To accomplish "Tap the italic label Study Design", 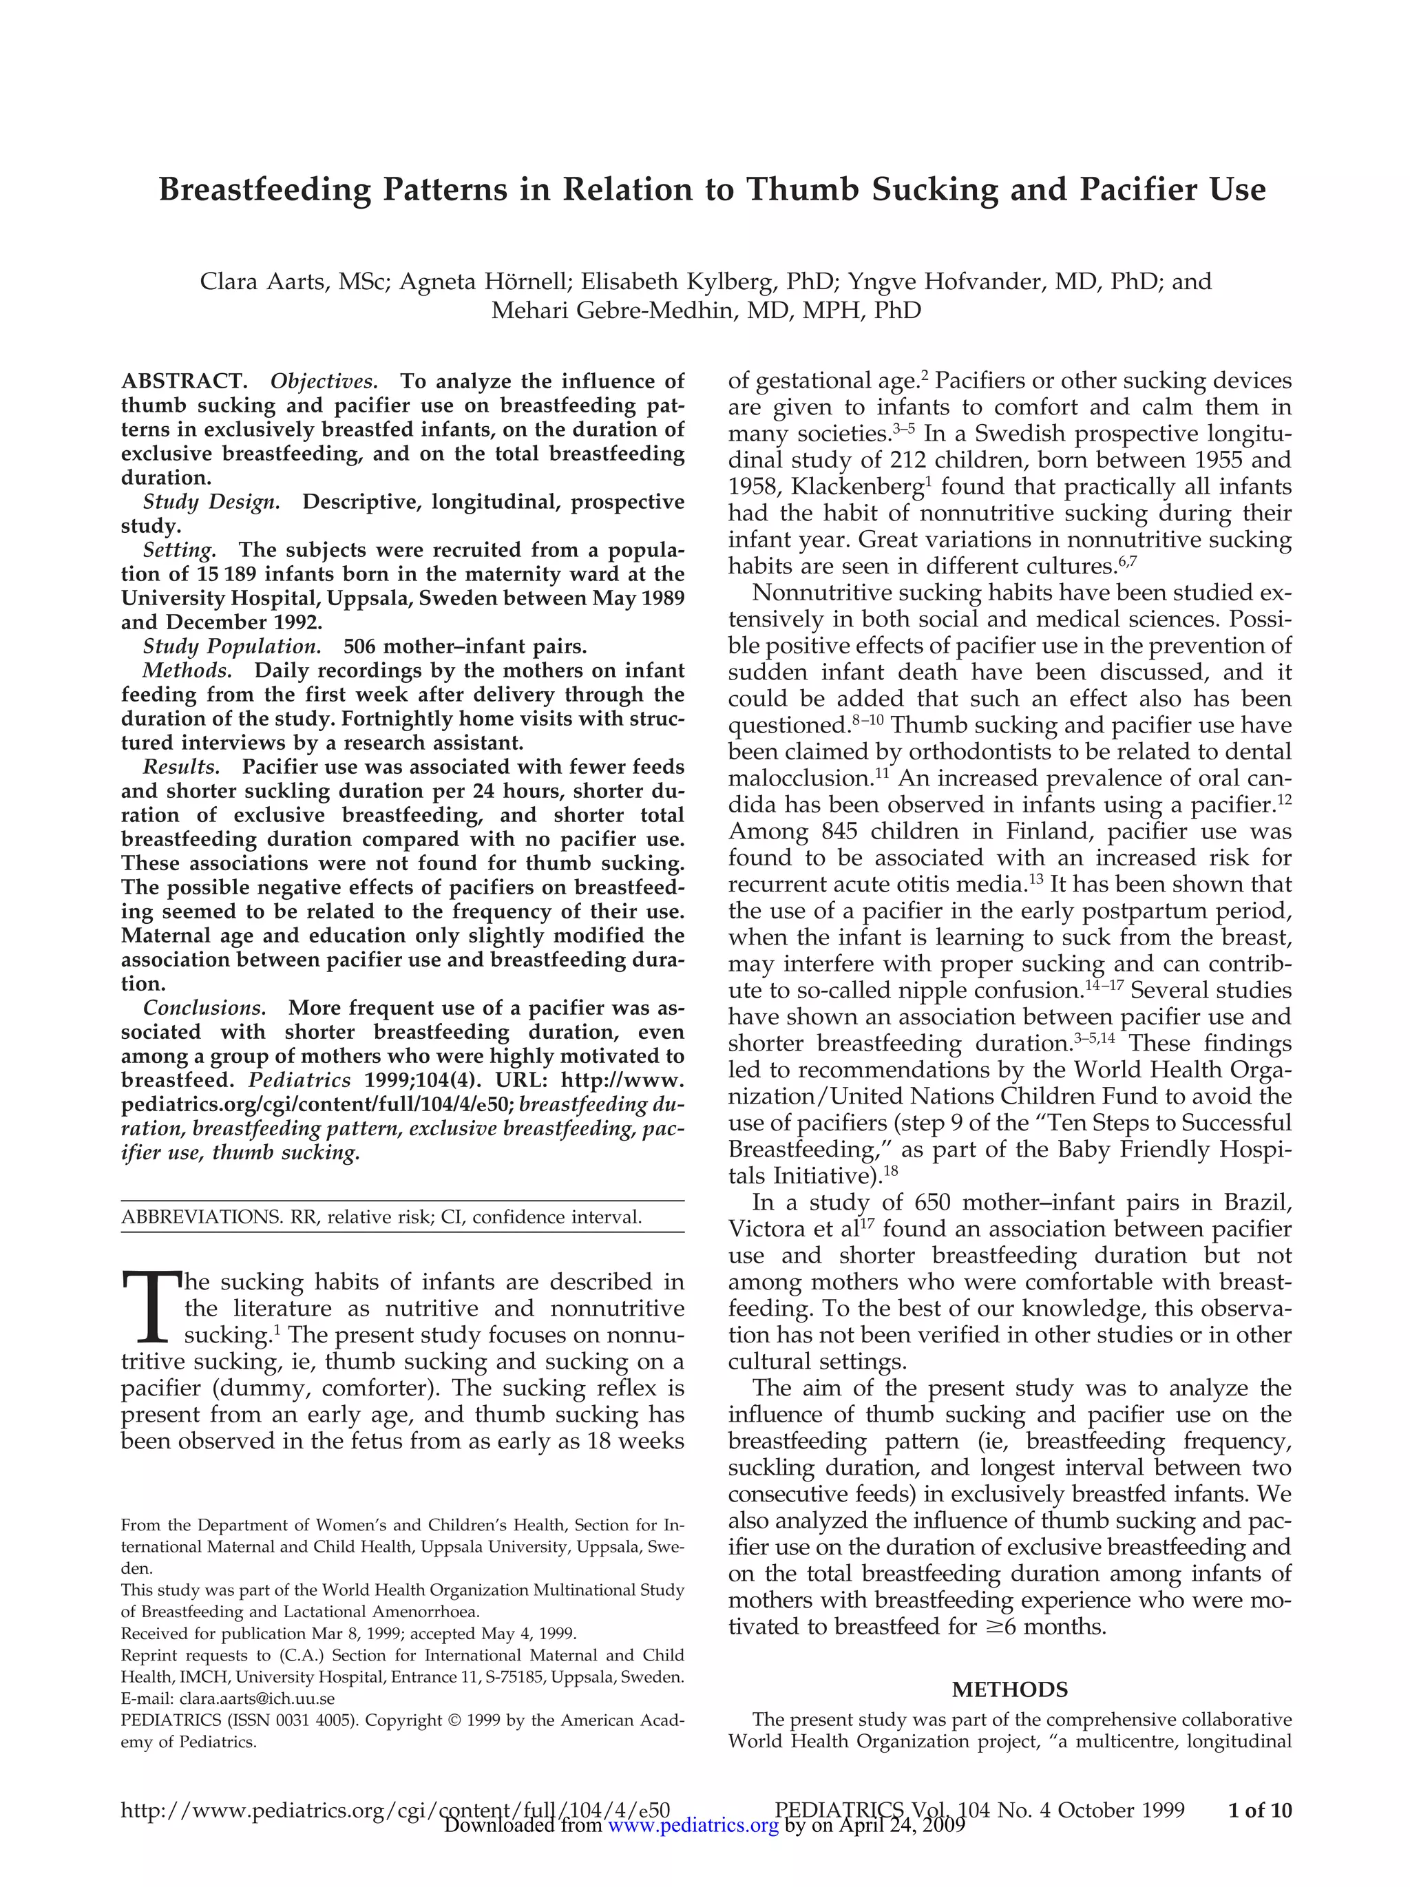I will point(211,502).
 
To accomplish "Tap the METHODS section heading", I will point(1009,1689).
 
